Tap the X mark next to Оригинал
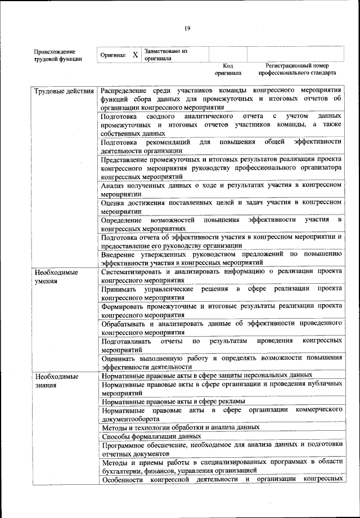coord(135,55)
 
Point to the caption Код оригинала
coord(228,69)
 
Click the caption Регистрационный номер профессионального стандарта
coord(297,69)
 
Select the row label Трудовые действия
coord(64,91)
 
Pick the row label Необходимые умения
coord(55,276)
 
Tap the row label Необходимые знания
coord(55,380)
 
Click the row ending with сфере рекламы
coord(173,401)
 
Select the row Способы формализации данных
coord(151,436)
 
